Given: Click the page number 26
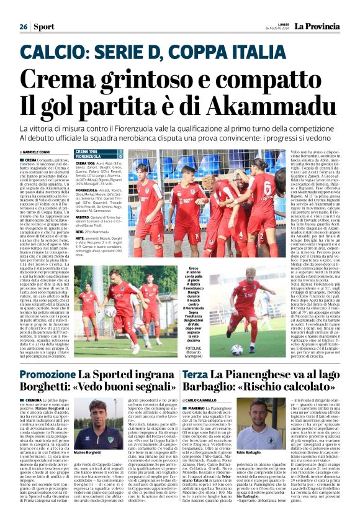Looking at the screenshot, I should [x=23, y=27].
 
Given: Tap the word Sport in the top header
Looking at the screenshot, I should [x=43, y=27].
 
